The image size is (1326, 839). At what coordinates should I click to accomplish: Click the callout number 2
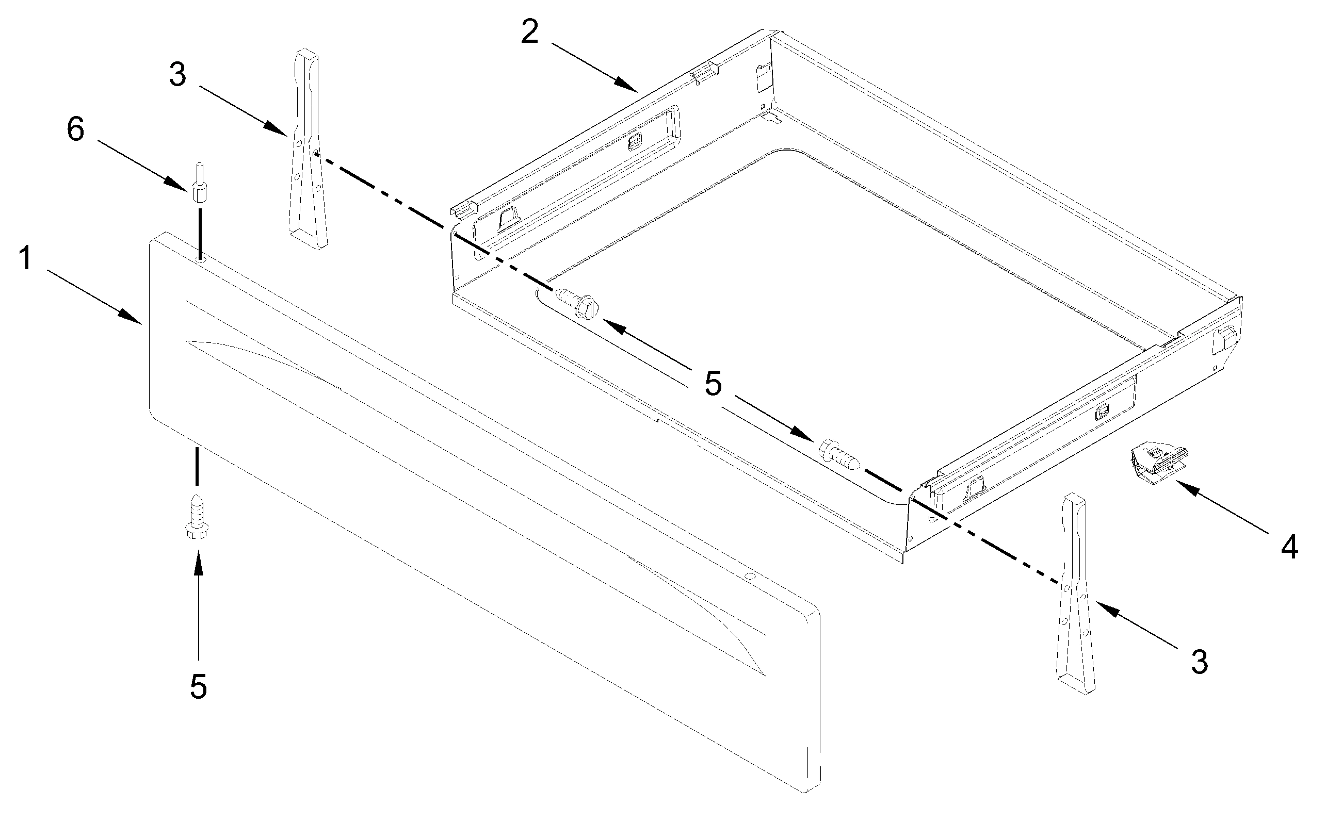(x=529, y=32)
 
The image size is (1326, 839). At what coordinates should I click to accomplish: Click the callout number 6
(x=75, y=129)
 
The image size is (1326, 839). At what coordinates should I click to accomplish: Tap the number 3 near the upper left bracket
(x=177, y=75)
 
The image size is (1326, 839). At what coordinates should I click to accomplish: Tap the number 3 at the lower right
(x=1200, y=661)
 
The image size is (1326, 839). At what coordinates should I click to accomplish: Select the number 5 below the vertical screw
(x=198, y=686)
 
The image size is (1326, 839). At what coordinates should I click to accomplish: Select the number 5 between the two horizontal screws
(x=713, y=384)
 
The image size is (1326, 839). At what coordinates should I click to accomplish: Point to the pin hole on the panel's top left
(x=200, y=258)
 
